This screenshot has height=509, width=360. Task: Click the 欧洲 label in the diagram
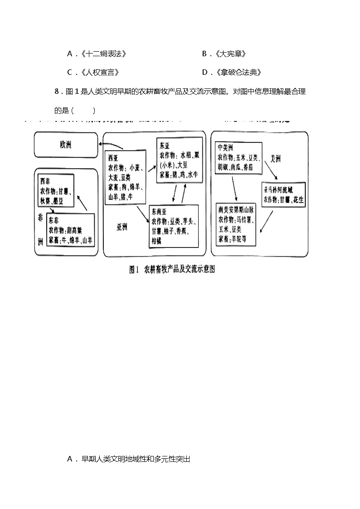coord(65,145)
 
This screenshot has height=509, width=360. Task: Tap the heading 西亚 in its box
coord(113,158)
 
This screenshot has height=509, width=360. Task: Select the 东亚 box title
coord(164,146)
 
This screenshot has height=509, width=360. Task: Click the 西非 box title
coord(45,176)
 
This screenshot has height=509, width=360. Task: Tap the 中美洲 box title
coord(225,147)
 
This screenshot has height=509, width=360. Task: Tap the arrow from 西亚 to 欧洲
coord(111,145)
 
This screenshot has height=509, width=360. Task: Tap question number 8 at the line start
coord(57,92)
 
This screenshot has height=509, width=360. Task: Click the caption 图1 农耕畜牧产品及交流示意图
coord(171,270)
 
